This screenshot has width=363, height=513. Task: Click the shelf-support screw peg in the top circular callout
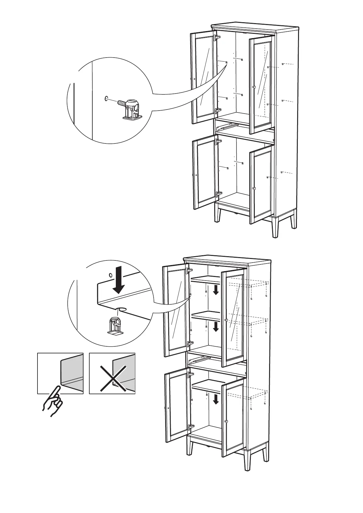click(130, 108)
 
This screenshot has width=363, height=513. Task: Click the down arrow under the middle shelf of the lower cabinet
click(216, 327)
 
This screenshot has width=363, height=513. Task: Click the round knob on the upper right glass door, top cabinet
click(254, 87)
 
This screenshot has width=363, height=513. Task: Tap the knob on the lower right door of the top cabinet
click(254, 188)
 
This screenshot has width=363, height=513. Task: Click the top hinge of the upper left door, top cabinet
click(217, 38)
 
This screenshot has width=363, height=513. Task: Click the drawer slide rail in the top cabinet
click(226, 125)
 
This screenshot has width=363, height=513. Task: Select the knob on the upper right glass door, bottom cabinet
click(226, 320)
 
